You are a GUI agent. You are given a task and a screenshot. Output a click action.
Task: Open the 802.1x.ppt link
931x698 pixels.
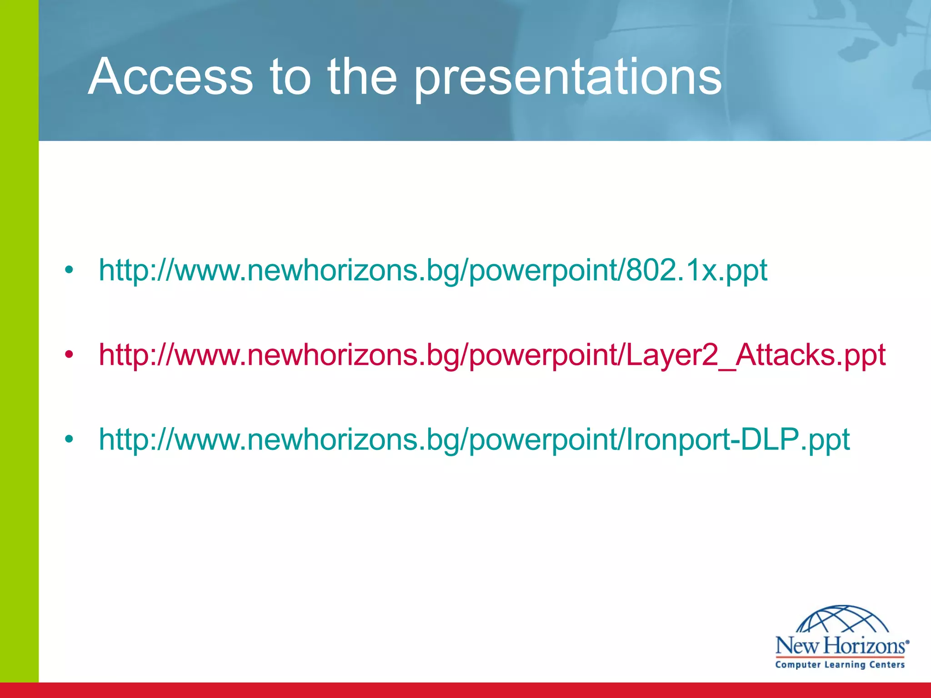click(433, 270)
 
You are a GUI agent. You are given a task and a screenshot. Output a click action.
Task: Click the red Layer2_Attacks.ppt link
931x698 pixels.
click(492, 355)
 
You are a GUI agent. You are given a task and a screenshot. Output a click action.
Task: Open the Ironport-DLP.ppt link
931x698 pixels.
click(474, 439)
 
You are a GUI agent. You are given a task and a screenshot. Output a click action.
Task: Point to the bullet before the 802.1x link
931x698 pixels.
click(69, 270)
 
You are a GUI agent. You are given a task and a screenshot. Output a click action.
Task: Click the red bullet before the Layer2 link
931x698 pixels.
click(69, 355)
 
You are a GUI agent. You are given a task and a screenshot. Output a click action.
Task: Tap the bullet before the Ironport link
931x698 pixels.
click(69, 439)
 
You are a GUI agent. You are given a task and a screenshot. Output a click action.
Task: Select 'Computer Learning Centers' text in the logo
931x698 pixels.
click(840, 665)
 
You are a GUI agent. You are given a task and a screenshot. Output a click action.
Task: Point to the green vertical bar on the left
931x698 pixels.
click(19, 345)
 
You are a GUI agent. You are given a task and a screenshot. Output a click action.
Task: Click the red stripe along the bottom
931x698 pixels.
click(465, 690)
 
